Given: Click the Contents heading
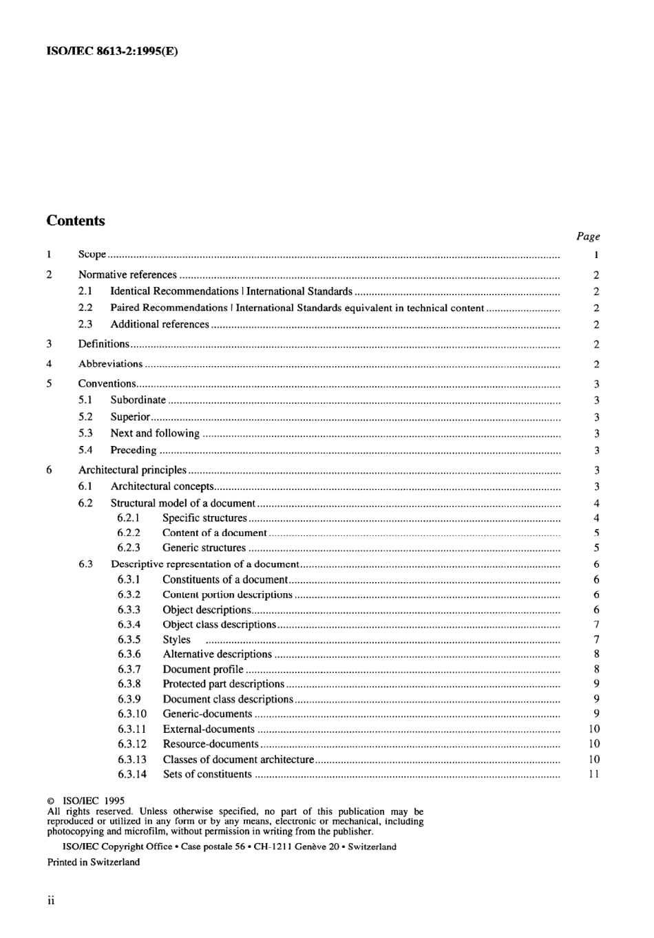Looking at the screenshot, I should pos(76,221).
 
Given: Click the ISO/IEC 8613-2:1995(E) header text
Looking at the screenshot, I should pos(112,51).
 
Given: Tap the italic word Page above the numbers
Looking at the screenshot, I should pos(588,236).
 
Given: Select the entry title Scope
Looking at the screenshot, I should pos(92,255).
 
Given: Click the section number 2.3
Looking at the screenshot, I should pos(85,324).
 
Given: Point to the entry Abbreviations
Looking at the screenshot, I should pos(111,364).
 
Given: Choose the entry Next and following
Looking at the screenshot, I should pos(155,434).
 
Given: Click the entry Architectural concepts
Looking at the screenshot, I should pos(162,487).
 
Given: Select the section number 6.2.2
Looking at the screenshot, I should pos(129,533).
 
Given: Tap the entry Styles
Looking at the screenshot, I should pos(176,639).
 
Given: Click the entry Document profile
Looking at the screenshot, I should pos(203,670).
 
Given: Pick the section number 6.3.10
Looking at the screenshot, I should pos(131,714).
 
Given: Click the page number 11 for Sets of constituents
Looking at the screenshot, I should pos(595,774).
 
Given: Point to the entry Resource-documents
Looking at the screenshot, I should pos(211,744).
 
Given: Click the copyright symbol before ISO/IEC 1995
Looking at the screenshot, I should pos(51,801).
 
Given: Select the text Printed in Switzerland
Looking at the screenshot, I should pos(94,862).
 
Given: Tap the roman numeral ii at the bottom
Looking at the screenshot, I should pos(51,901).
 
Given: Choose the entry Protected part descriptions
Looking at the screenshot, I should pos(223,684).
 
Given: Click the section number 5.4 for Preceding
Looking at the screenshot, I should pos(85,450).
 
